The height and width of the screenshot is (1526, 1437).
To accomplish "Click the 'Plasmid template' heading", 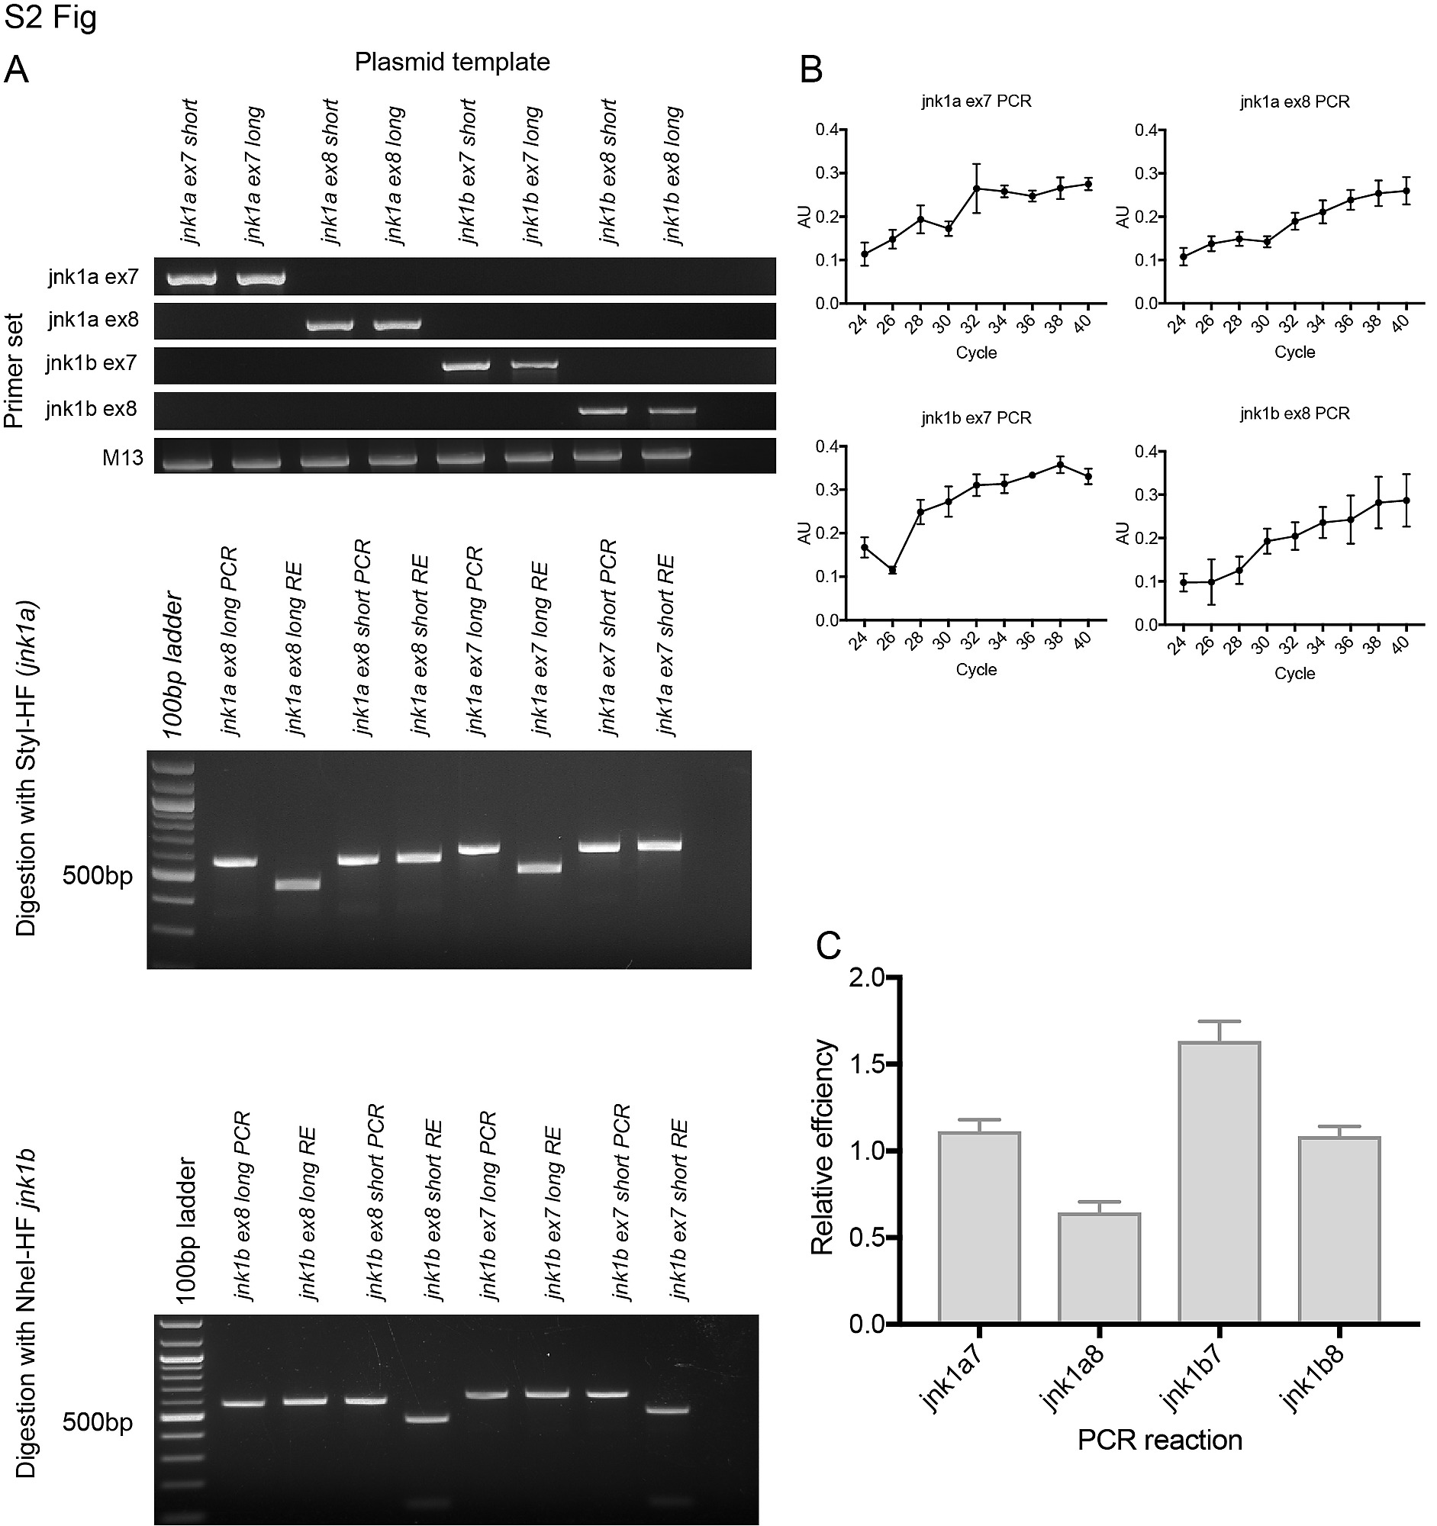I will [452, 62].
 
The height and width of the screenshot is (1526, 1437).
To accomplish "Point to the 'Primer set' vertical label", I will [14, 370].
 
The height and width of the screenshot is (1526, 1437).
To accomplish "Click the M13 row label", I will [123, 459].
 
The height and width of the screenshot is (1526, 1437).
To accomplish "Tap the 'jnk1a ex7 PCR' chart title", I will [975, 101].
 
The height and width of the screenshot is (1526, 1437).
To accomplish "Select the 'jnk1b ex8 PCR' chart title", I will [1294, 414].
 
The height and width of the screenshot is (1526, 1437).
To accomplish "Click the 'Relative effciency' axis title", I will [822, 1147].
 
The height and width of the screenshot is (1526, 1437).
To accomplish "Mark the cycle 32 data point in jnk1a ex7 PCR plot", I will [976, 188].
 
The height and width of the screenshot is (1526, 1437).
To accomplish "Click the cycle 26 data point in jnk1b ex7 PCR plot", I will [892, 569].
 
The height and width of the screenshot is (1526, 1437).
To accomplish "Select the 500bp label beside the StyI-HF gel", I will [98, 875].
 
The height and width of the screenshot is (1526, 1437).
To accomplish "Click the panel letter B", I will [810, 71].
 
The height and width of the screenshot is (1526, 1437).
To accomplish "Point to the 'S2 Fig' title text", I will [50, 17].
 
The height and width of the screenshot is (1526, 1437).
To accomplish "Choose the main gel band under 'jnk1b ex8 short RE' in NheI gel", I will [427, 1418].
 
